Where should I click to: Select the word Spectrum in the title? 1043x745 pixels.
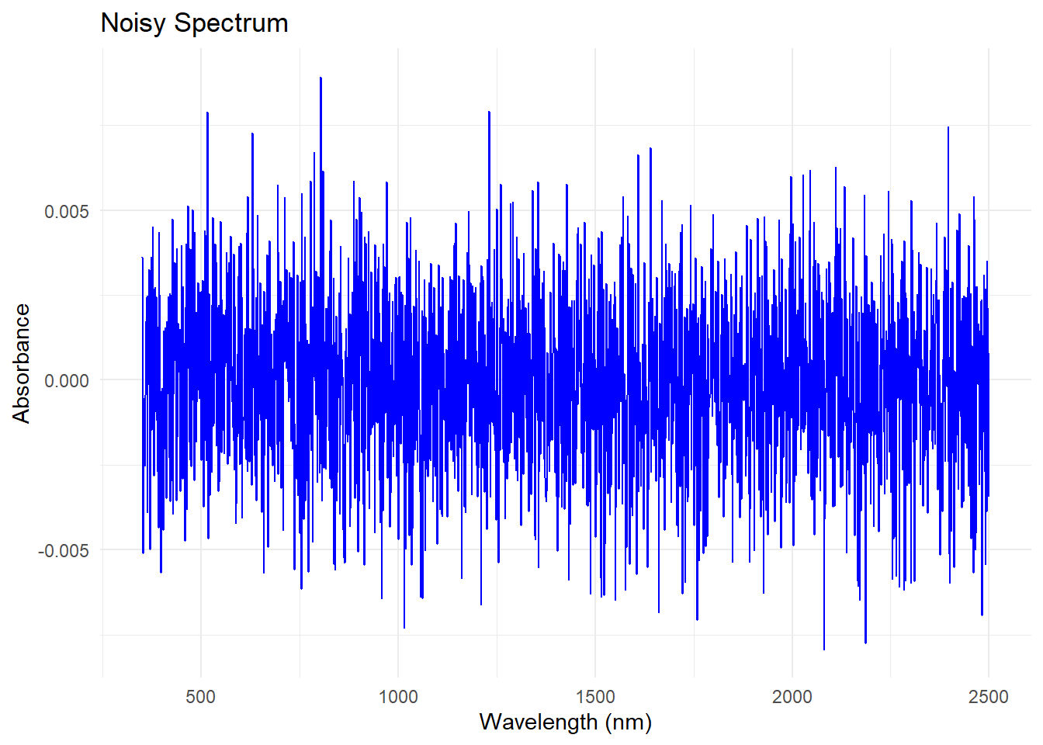point(231,23)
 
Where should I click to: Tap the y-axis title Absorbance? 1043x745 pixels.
point(21,363)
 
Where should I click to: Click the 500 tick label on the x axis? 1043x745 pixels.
point(200,696)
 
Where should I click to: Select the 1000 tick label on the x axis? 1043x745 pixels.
point(397,696)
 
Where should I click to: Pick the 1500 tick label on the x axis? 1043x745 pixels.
point(595,696)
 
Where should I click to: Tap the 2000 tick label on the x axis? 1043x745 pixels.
point(792,696)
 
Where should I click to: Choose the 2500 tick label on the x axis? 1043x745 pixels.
point(989,696)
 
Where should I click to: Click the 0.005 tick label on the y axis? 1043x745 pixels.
point(67,211)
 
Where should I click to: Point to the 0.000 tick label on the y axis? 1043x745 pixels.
point(67,380)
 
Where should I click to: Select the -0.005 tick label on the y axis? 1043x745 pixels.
point(64,550)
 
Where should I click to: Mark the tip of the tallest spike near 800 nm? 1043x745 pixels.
point(321,78)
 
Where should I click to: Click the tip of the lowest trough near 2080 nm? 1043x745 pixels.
point(824,649)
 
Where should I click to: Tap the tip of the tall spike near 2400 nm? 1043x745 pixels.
point(948,127)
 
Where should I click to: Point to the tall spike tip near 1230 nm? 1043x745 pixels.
point(489,112)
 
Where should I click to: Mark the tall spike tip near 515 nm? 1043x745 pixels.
point(207,113)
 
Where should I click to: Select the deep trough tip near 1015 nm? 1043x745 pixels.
point(404,627)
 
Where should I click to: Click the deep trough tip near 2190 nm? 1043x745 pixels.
point(865,643)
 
